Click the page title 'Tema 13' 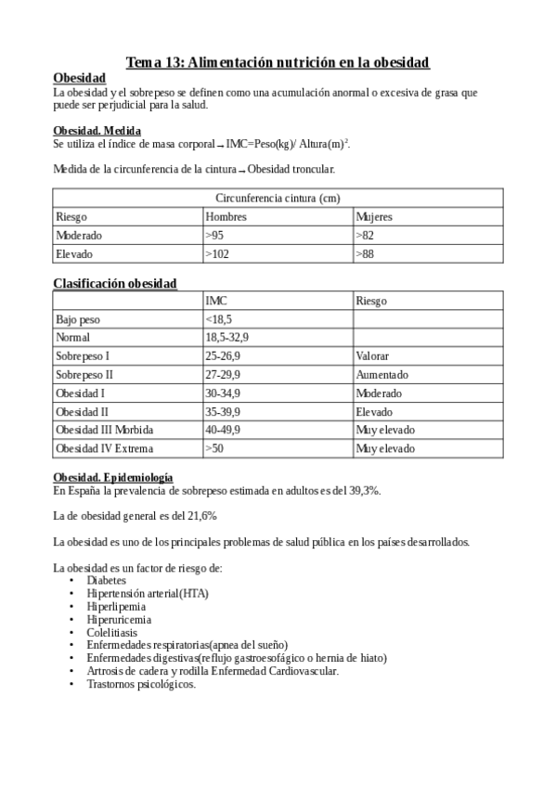coord(278,62)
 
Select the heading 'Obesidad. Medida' coord(97,131)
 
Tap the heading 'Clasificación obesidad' coord(115,283)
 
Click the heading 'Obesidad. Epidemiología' coord(113,477)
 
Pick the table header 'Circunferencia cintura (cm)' coord(278,198)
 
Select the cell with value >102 coord(217,253)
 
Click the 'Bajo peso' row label coord(78,319)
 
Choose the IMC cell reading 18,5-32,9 coord(226,338)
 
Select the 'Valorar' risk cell coord(372,355)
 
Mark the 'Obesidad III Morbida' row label coord(105,430)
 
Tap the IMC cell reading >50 coord(214,448)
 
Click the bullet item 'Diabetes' coord(107,580)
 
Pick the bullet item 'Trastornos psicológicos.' coord(141,684)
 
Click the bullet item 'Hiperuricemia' coord(119,619)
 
